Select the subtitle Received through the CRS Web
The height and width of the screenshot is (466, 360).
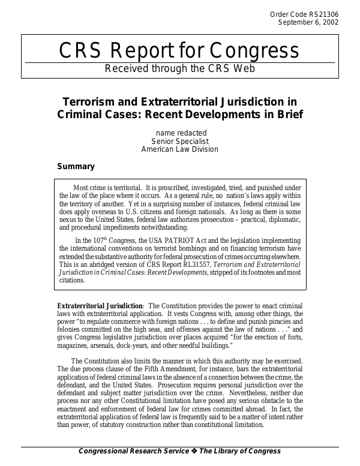[179, 68]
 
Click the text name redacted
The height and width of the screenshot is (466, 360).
[179, 132]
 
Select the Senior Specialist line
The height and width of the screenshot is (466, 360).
[179, 141]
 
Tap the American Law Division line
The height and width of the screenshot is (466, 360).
[179, 149]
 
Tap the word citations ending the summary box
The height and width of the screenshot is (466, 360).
[73, 279]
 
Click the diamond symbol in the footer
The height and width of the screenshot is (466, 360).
[195, 451]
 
